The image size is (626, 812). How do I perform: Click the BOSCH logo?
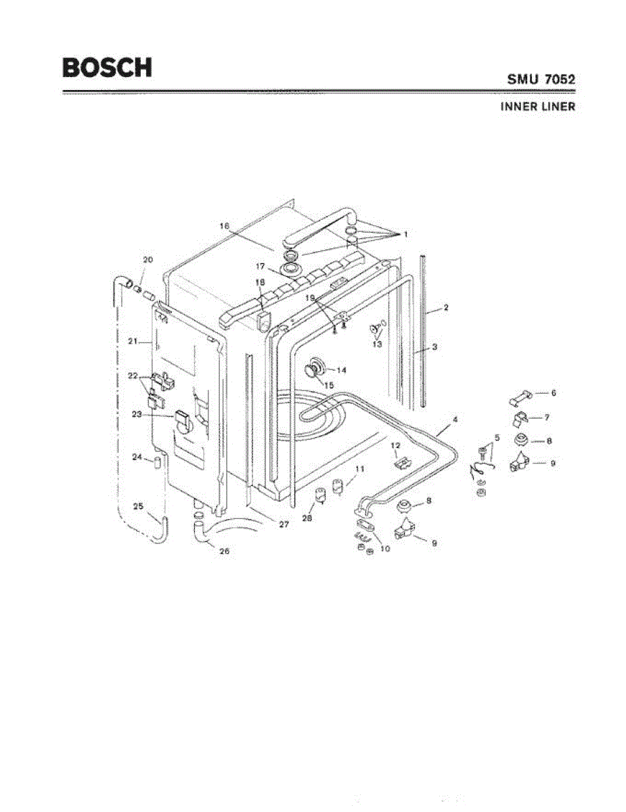tap(107, 66)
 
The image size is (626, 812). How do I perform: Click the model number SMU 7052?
tap(541, 79)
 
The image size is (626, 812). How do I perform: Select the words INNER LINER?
tap(538, 106)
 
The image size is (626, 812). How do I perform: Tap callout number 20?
tap(148, 261)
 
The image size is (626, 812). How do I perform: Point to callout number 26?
tap(224, 551)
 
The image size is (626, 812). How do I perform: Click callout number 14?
tap(341, 370)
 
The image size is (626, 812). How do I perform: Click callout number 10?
tap(385, 549)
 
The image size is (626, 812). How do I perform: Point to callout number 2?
tap(446, 308)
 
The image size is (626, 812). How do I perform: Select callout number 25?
tap(138, 506)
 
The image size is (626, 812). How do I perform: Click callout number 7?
tap(546, 417)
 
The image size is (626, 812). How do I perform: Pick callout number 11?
tap(359, 468)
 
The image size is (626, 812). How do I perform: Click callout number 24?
tap(137, 457)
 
